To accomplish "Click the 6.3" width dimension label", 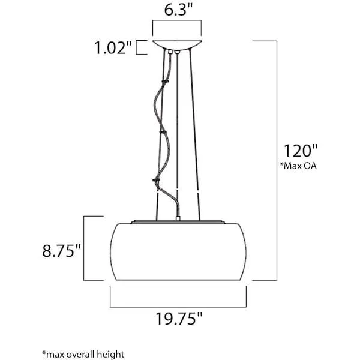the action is pos(178,10).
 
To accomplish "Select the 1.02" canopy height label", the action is pos(113,48).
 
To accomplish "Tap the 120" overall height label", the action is pos(301,151).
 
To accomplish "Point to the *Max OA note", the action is pos(298,166).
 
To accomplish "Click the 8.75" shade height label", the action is pos(62,250).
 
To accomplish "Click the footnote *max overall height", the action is pos(83,354).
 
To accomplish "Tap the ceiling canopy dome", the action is pos(177,44).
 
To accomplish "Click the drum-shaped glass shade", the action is pos(178,251).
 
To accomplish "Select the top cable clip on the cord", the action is pos(166,81).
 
